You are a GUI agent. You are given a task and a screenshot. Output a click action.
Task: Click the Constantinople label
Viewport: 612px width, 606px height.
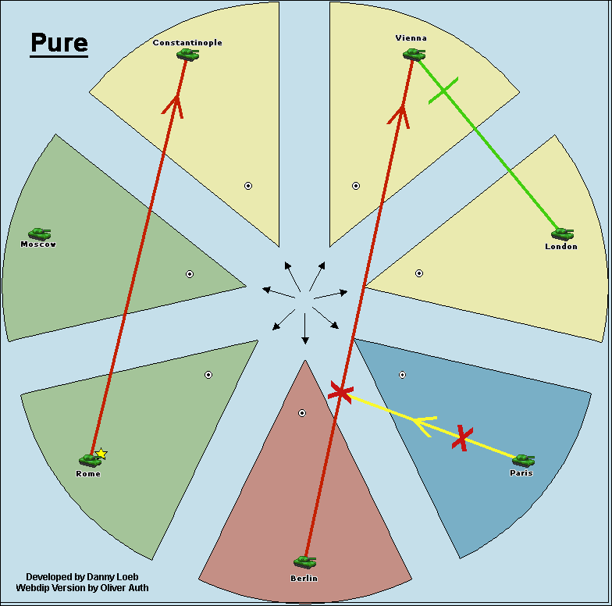coord(187,42)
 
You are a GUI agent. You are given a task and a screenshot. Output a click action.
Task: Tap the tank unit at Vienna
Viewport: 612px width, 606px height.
coord(414,55)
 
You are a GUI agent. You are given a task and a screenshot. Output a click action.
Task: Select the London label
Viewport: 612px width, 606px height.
coord(561,247)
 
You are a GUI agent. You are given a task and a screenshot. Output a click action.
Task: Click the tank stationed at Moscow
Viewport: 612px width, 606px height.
coord(39,234)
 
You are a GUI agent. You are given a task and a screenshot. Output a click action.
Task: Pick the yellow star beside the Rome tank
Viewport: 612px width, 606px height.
coord(101,453)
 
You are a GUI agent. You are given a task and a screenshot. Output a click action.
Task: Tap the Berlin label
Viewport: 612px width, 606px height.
coord(304,578)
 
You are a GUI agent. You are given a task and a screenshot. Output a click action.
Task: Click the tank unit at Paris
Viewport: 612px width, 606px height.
coord(523,461)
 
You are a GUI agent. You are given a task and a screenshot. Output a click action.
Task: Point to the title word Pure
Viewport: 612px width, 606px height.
coord(59,42)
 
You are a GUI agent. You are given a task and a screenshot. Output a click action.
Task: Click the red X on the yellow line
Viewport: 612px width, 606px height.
coord(462,438)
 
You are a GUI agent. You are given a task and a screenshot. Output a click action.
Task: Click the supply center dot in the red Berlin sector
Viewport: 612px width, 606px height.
coord(302,413)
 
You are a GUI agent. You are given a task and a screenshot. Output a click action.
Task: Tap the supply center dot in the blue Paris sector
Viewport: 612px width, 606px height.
coord(403,375)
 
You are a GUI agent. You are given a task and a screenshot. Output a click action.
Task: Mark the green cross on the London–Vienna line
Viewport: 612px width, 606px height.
coord(443,91)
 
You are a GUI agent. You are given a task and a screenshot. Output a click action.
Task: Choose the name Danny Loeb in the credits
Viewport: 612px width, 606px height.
coord(112,576)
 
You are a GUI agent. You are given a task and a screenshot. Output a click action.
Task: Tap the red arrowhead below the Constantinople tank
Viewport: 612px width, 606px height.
coord(174,106)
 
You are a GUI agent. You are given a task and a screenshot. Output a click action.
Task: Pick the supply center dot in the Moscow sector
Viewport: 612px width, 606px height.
coord(190,274)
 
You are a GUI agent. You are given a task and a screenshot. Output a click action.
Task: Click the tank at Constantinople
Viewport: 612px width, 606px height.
coord(187,55)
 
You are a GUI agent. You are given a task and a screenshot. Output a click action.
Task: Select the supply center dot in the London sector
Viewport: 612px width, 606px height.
coord(419,273)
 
